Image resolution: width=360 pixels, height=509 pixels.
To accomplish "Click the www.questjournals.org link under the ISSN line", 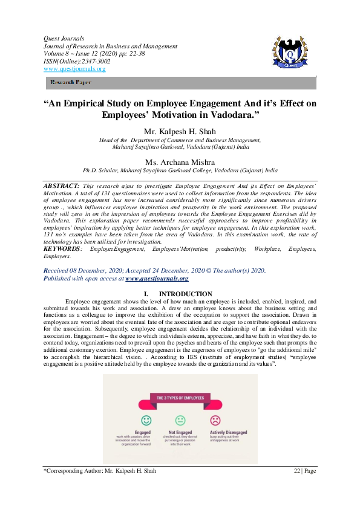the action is point(74,69).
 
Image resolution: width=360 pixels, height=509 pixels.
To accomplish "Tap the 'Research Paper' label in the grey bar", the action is point(70,82).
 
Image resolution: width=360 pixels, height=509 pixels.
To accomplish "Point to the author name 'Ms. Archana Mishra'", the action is point(180,162).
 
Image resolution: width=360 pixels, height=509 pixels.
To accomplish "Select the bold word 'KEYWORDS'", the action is point(62,249).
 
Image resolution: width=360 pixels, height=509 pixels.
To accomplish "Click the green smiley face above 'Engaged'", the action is point(146,420).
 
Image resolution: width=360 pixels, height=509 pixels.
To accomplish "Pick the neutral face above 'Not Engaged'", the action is point(180,420).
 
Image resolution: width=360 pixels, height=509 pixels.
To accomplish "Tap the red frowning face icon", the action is point(215,420).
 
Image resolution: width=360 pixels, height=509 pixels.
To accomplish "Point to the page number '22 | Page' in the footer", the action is point(305,470).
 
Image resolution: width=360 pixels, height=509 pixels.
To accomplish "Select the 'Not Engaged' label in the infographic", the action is point(180,433).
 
